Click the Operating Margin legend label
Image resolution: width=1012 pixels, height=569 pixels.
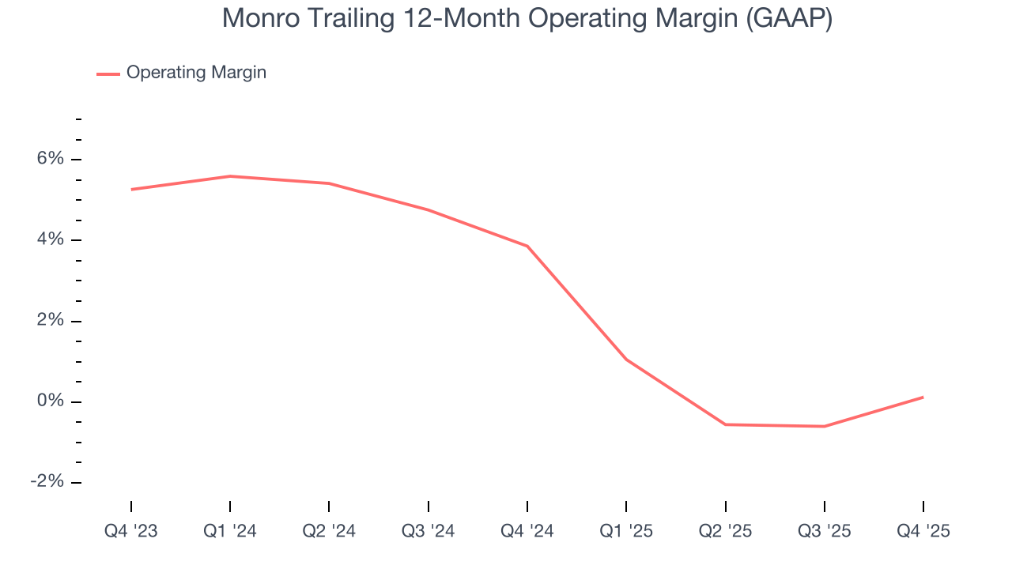click(196, 73)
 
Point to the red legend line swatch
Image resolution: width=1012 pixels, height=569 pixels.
click(108, 73)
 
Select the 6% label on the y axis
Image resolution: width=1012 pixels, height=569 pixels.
click(49, 159)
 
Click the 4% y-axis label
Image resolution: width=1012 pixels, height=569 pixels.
click(49, 239)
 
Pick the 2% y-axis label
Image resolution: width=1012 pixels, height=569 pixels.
click(49, 320)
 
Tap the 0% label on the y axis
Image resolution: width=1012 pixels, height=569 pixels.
click(49, 401)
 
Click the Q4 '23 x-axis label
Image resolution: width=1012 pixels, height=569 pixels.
click(131, 531)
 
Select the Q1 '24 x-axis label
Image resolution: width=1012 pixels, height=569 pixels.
click(230, 531)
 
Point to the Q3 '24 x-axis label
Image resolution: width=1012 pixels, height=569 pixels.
click(428, 531)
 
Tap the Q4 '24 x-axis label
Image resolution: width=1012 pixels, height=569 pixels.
click(527, 531)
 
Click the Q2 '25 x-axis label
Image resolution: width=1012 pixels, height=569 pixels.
click(725, 531)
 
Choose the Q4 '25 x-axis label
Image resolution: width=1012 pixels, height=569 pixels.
click(923, 531)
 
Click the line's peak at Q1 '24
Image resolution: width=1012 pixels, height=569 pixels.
click(230, 176)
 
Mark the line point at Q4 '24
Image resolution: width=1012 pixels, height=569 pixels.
click(527, 246)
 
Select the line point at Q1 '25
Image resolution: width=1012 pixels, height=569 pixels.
click(626, 360)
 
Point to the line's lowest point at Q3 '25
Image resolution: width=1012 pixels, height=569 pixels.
click(825, 427)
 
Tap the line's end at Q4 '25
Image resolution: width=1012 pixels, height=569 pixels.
click(923, 397)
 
